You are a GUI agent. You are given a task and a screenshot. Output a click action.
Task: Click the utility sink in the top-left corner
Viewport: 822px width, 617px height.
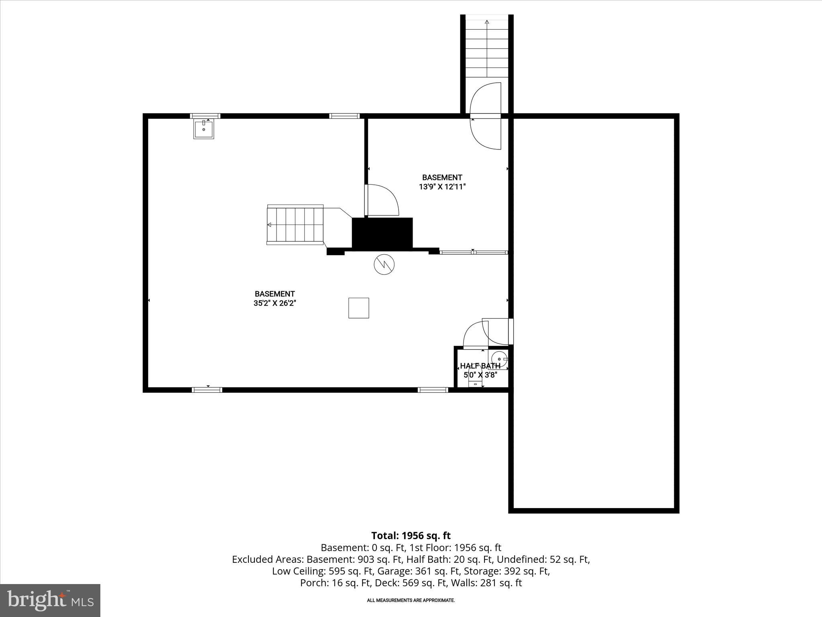[204, 129]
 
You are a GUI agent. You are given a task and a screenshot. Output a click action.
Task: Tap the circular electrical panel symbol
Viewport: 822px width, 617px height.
[384, 264]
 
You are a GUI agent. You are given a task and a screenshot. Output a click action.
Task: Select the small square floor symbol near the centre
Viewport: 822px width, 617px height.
[358, 308]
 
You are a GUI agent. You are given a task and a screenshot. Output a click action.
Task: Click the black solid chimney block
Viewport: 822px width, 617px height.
[382, 233]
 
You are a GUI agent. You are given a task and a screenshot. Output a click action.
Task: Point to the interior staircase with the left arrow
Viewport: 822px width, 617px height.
[295, 225]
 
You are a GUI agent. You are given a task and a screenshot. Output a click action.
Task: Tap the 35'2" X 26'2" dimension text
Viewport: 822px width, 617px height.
[275, 303]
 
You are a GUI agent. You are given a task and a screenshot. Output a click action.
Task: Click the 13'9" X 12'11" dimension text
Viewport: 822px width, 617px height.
[442, 187]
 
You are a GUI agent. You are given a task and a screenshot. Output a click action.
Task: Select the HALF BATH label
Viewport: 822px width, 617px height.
[480, 366]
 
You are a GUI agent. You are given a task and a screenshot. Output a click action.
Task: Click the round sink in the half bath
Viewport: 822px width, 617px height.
[498, 357]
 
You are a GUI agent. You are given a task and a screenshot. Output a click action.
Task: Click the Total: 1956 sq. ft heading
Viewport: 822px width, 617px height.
[411, 535]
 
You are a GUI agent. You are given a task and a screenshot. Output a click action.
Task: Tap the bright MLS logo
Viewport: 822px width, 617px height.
[50, 600]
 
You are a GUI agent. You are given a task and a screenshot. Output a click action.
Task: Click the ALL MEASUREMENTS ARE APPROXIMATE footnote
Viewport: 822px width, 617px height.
[411, 600]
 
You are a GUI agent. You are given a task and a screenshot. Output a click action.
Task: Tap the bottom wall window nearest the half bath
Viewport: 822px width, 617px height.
[433, 390]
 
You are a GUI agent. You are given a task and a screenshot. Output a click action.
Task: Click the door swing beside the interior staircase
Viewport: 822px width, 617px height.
[382, 200]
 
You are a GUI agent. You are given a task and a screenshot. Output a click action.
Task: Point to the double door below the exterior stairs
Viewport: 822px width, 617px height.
[486, 116]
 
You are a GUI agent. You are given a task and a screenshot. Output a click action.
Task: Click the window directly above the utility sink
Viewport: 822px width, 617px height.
[205, 116]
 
